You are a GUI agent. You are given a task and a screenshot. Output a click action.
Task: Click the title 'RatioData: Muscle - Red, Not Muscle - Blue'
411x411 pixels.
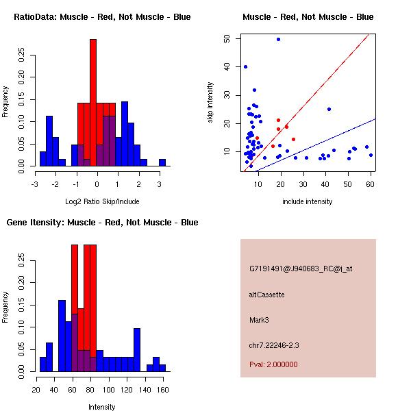(102, 16)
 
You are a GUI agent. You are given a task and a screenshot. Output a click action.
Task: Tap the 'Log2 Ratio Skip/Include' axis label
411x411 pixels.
(102, 203)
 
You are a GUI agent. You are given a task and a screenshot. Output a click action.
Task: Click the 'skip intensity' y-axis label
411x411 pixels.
(210, 103)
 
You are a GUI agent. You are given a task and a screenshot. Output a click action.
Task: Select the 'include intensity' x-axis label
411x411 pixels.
(308, 201)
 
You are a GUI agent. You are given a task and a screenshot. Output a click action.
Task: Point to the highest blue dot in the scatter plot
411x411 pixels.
(278, 39)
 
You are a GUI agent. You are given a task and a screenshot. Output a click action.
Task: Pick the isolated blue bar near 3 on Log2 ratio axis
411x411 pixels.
(162, 162)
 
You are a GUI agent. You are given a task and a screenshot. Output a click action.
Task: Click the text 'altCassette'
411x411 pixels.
(266, 295)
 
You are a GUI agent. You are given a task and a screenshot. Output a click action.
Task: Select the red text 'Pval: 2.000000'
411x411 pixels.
(273, 364)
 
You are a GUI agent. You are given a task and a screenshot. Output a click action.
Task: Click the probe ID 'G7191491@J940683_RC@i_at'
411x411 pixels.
(301, 269)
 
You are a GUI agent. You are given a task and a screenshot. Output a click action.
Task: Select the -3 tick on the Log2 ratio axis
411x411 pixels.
(36, 184)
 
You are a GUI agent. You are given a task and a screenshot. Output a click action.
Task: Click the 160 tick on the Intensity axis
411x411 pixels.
(162, 390)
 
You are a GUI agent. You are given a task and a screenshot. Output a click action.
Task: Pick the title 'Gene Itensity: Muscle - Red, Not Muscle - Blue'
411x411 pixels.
(102, 223)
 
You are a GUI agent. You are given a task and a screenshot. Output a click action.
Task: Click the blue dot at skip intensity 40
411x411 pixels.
(245, 66)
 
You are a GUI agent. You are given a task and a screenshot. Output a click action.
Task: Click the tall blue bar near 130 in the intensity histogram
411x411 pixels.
(137, 349)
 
